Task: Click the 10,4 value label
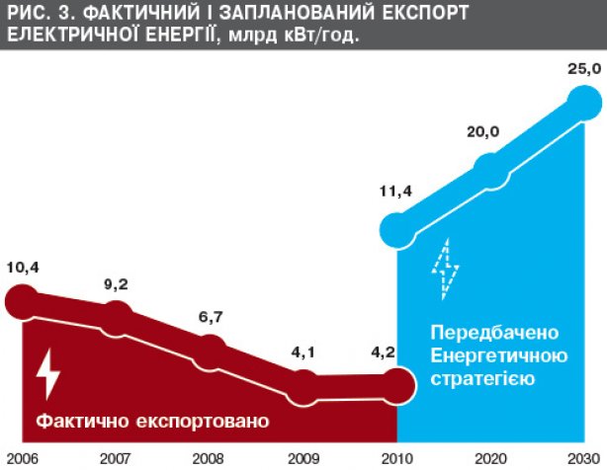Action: pos(23,267)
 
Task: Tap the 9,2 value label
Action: pos(116,285)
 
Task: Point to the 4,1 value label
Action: pos(305,349)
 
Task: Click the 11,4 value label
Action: pos(395,191)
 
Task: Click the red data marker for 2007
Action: pos(117,317)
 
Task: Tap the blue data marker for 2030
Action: pos(583,102)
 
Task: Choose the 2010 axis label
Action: pos(396,459)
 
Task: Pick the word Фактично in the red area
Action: pos(79,422)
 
